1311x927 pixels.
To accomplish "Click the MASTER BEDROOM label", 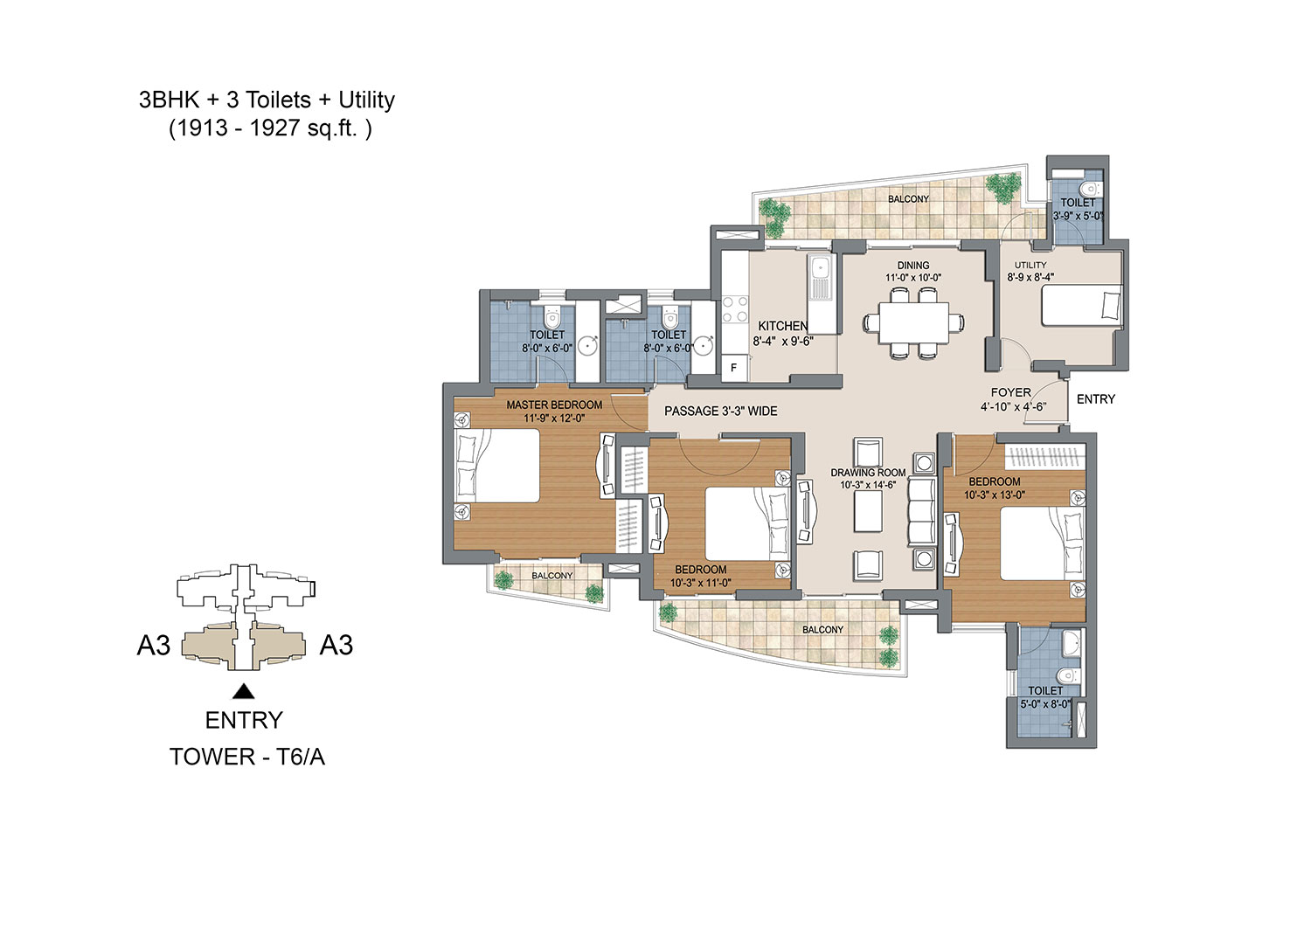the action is click(x=554, y=405).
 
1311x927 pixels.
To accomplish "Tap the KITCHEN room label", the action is click(x=783, y=326).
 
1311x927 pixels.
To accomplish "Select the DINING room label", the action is click(x=913, y=266).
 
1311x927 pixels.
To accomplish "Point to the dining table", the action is click(x=913, y=322).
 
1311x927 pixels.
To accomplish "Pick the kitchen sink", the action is click(x=820, y=277).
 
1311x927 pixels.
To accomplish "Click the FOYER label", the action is click(x=1010, y=392).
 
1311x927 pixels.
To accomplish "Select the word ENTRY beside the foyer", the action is click(x=1096, y=399).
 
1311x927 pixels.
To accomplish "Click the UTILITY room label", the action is click(x=1030, y=265).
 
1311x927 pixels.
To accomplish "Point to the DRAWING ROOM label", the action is click(x=868, y=473).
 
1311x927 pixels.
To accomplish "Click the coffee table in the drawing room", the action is click(x=867, y=511).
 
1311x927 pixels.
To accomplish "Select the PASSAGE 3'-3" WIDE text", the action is click(x=720, y=412).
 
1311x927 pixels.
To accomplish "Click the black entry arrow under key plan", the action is click(x=244, y=692).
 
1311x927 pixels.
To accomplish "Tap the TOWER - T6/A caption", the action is click(x=247, y=758).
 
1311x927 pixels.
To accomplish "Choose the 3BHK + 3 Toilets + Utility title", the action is click(x=267, y=100).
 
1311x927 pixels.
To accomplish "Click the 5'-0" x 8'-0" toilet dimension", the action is click(x=1046, y=704).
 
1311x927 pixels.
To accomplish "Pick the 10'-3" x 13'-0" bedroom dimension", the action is click(x=995, y=495).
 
